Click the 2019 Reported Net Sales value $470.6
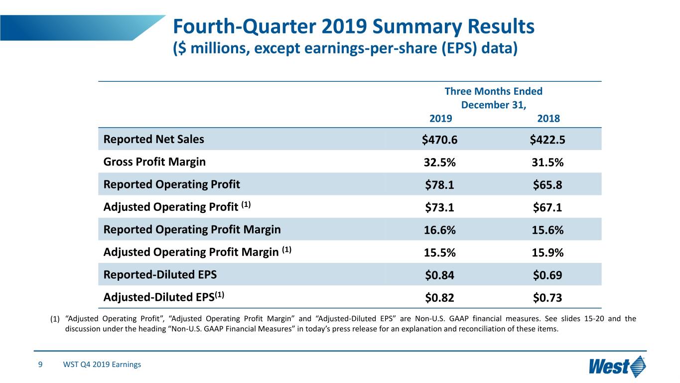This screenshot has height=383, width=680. coord(439,140)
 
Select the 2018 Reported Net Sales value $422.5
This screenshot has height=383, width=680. coord(547,140)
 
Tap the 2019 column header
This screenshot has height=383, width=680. coord(441,118)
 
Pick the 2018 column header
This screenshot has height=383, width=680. coord(548,118)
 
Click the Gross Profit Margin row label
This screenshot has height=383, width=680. coord(154,162)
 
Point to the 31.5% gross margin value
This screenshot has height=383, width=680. coord(547,162)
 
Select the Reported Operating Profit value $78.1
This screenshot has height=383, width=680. coord(439,185)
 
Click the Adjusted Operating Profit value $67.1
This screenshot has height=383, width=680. coord(547,207)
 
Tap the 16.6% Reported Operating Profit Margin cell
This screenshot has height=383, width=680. coord(439,230)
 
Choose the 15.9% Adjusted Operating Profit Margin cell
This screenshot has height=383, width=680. coord(547,253)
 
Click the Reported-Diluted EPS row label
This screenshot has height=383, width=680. coord(160,274)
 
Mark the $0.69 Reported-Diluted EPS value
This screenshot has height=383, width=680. coord(547,275)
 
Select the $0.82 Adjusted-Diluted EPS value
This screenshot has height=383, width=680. coord(439,298)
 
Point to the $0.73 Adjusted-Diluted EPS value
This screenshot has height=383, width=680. coord(547,298)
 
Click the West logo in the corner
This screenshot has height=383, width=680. coord(617,366)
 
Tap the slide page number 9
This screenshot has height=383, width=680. coord(40,365)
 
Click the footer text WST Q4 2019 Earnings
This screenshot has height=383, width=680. coord(102,365)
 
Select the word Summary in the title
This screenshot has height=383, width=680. coord(417,27)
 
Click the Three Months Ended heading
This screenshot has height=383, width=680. coord(494,91)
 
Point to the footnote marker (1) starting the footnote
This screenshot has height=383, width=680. coord(55,319)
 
